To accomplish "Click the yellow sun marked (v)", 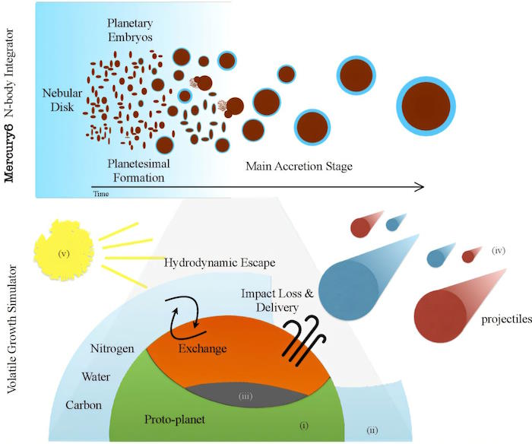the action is (64, 250).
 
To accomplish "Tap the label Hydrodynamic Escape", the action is (220, 262).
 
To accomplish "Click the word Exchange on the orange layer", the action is (203, 349).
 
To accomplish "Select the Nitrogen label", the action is (112, 349).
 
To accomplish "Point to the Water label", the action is (96, 377).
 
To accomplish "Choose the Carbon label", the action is (84, 405).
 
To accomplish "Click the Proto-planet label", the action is (175, 420).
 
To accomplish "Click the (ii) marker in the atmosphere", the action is (372, 430).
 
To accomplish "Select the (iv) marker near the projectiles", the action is (499, 251).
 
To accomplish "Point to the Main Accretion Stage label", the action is (299, 166).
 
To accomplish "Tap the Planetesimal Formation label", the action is (139, 170).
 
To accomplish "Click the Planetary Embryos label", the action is (130, 30).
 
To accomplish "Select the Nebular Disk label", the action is (62, 100).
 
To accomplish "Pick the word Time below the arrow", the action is (101, 194).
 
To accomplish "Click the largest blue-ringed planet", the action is (426, 106).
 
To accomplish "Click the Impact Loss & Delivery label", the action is (277, 300).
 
